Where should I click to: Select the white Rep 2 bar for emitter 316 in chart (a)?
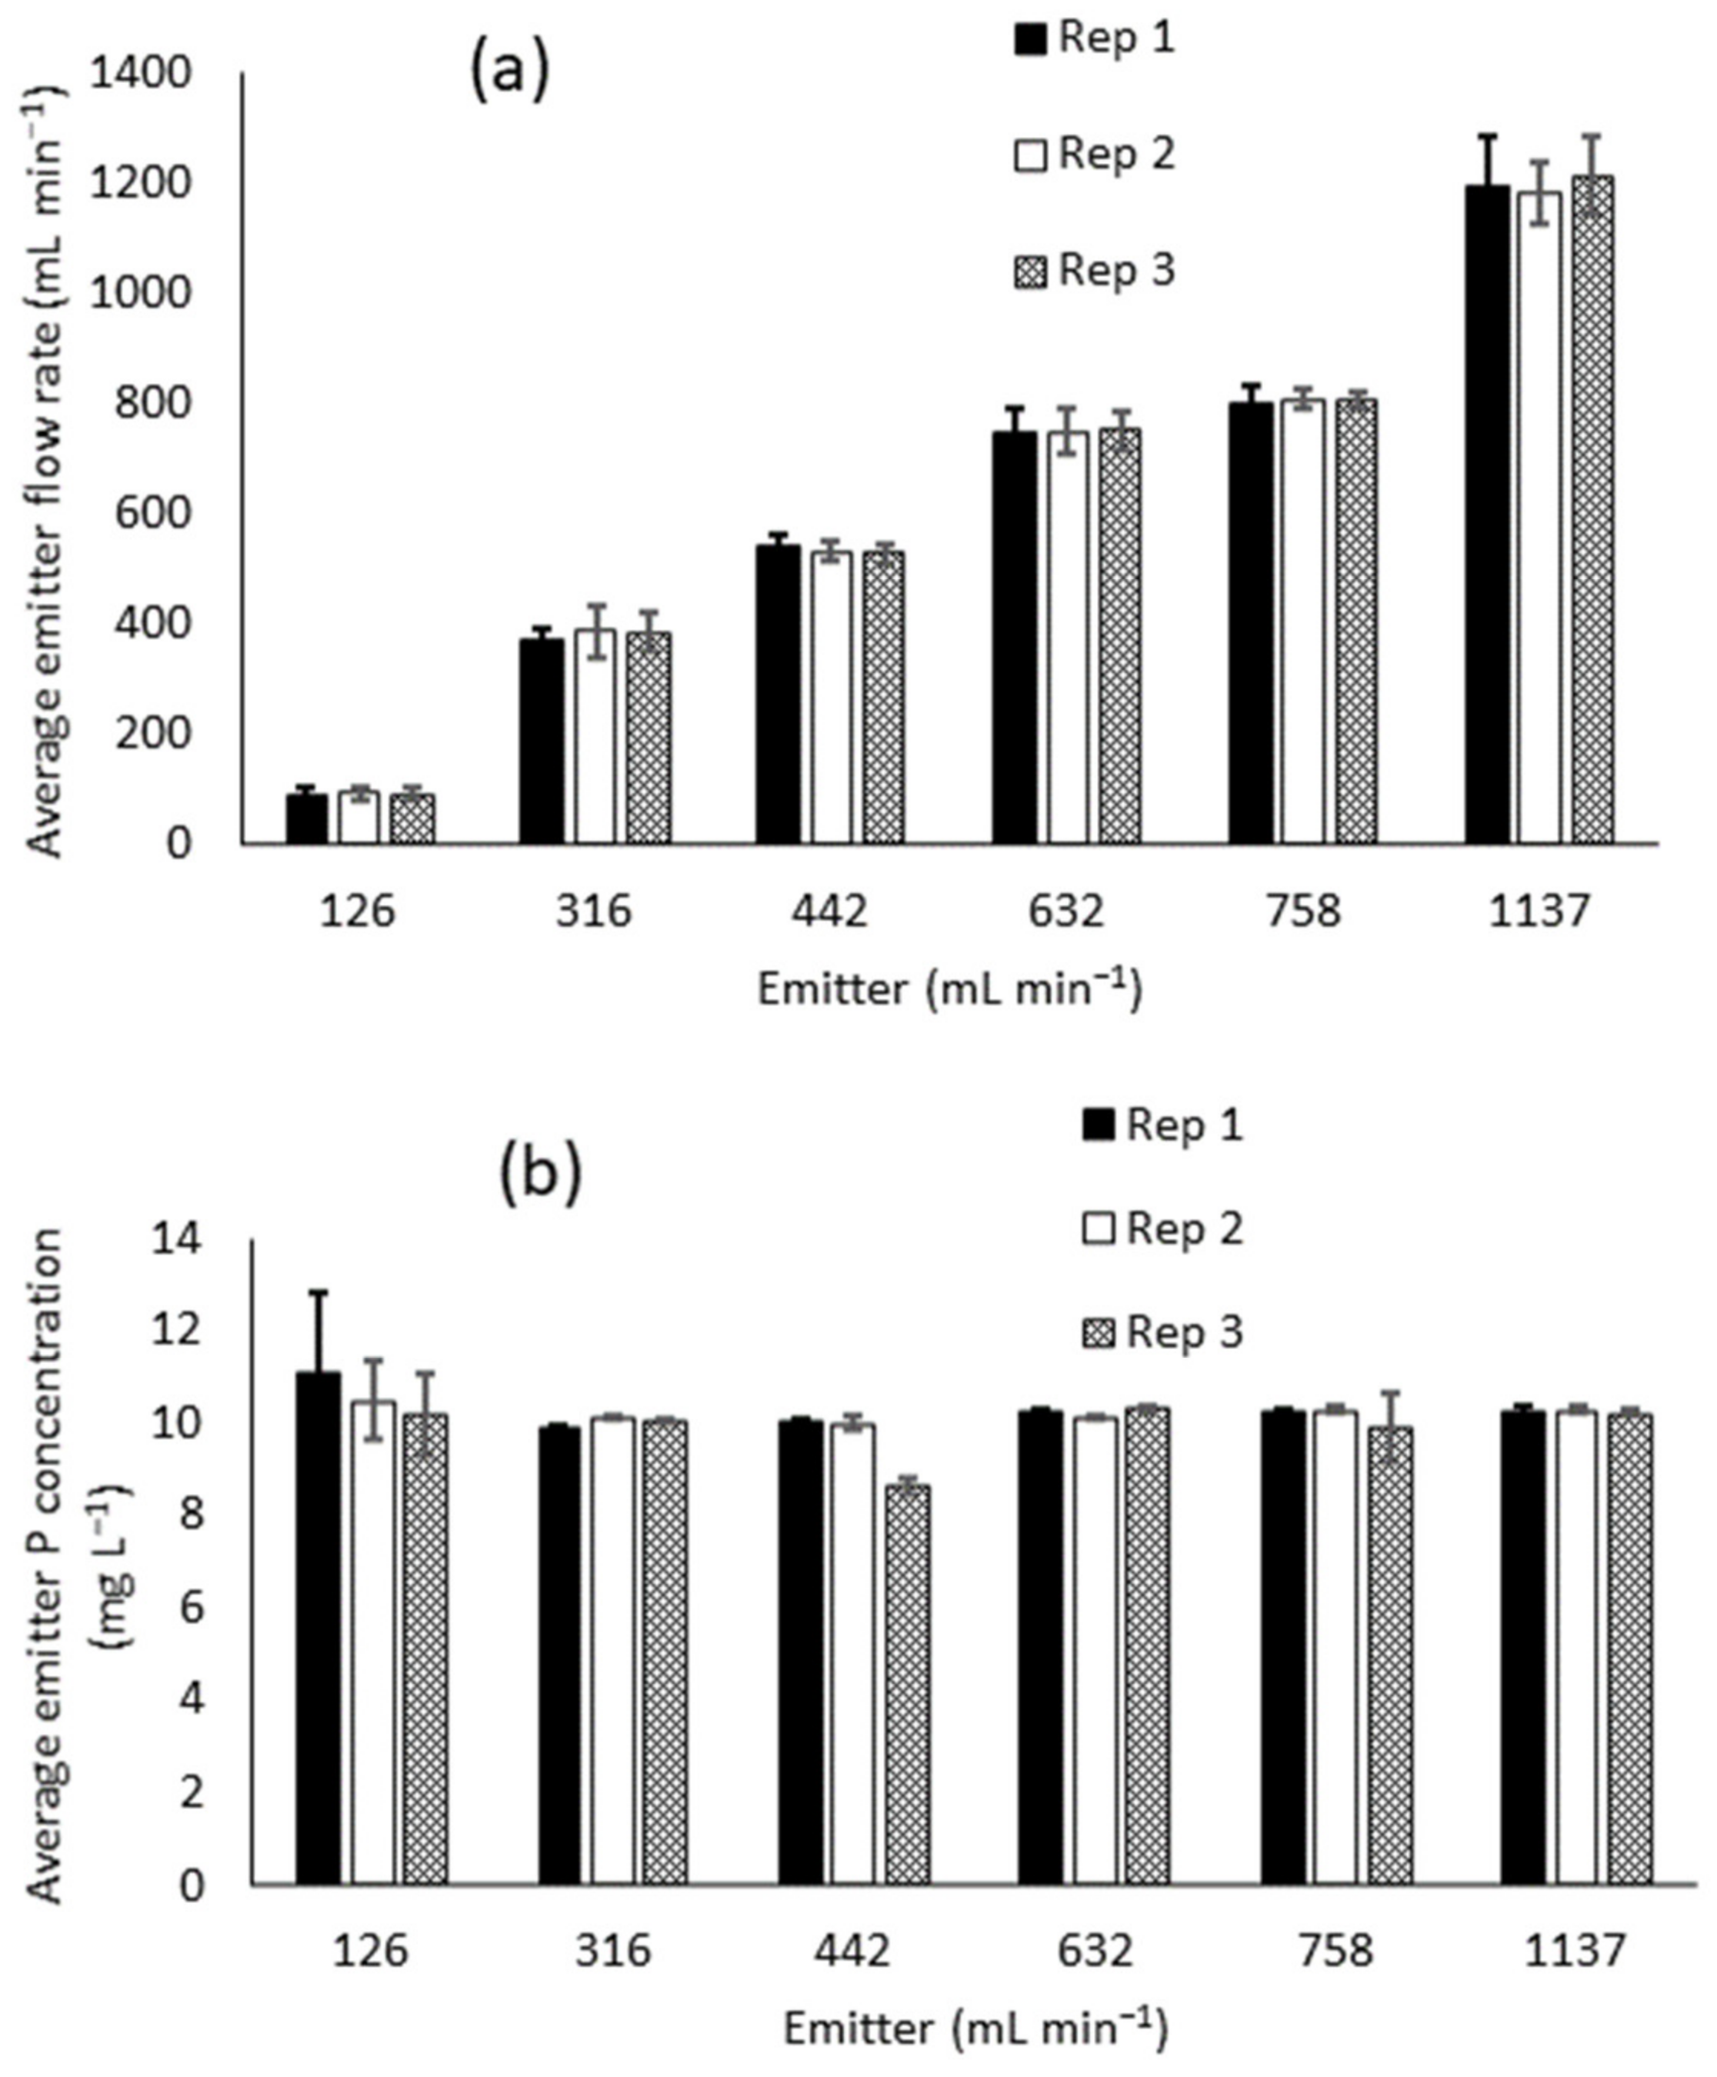pos(595,737)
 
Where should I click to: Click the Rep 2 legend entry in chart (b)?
pos(1163,1229)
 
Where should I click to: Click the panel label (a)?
pos(508,74)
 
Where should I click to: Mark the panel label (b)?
pos(540,1172)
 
